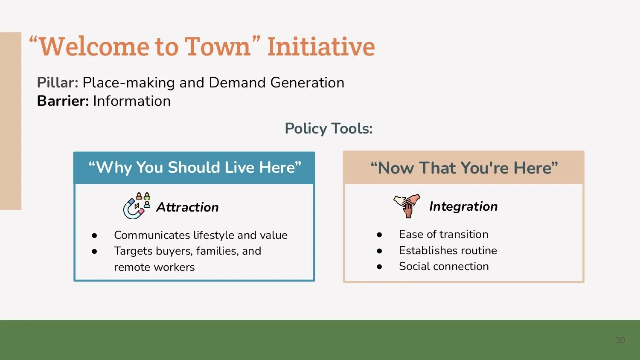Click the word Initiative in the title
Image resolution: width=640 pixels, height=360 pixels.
(321, 46)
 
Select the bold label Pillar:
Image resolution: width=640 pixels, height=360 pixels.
(58, 83)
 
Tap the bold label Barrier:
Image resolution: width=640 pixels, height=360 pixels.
(63, 101)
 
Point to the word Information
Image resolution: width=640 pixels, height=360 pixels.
(132, 101)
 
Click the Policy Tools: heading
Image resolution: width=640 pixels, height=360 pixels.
(329, 128)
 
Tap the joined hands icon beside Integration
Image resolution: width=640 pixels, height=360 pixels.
(407, 206)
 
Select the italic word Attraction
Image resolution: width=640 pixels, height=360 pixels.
(187, 207)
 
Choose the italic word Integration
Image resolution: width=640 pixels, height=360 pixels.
(463, 206)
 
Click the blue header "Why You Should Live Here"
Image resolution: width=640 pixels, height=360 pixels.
(195, 168)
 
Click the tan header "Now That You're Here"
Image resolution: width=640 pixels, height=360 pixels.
(464, 168)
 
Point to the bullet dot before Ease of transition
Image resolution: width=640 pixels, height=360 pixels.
(379, 235)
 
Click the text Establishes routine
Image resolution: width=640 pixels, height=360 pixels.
(448, 250)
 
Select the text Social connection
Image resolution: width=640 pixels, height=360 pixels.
(444, 266)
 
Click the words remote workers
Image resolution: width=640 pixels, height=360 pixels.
(154, 267)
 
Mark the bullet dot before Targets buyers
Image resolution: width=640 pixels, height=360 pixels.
(94, 251)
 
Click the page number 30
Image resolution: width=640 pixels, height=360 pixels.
(620, 340)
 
